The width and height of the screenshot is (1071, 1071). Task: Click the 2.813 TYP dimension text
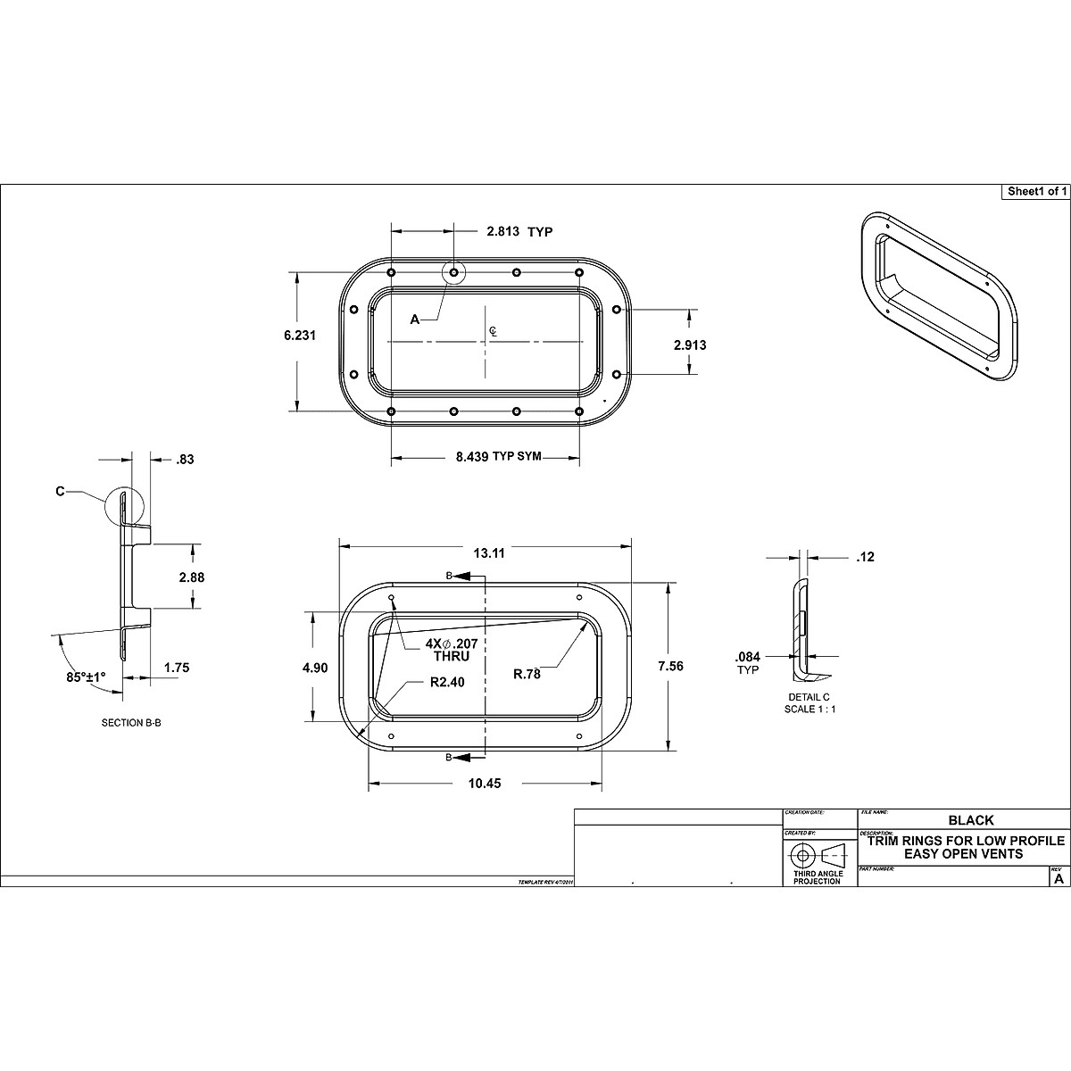coord(519,232)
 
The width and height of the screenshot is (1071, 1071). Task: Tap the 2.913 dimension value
coord(689,345)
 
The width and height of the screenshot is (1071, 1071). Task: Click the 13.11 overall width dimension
coord(489,553)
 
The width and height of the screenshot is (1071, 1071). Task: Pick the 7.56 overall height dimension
coord(670,666)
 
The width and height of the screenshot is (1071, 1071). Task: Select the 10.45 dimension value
coord(485,784)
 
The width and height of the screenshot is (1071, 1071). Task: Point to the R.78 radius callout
coord(527,675)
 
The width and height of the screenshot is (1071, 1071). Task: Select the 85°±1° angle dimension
coord(87,676)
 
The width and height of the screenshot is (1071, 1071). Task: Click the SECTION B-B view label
coord(131,723)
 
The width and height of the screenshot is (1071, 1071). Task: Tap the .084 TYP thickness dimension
coord(748,661)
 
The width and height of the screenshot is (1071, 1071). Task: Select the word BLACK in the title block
coord(970,820)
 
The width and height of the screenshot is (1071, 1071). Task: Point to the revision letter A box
coord(1059,878)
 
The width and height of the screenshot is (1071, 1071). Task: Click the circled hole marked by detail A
coord(454,272)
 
